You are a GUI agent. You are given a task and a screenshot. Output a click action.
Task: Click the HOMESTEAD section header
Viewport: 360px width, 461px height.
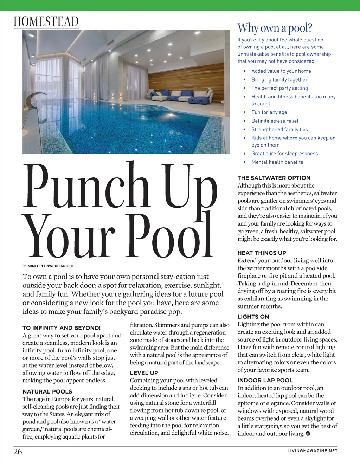click(46, 21)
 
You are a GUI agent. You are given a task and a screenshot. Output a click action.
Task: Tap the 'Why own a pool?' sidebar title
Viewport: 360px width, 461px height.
click(275, 28)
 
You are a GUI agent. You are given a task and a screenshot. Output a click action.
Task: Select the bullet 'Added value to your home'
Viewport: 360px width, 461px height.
click(281, 71)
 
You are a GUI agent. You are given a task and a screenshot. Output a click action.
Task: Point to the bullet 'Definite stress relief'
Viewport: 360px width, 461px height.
click(275, 121)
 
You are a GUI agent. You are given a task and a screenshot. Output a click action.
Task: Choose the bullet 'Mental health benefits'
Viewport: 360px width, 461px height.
click(277, 162)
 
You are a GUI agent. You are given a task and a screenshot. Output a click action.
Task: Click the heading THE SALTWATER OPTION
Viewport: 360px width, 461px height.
click(274, 178)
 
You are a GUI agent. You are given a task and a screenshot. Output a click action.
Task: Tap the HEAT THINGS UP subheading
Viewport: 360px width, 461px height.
click(262, 253)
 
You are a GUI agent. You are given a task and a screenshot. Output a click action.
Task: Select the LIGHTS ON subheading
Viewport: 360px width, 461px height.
click(253, 317)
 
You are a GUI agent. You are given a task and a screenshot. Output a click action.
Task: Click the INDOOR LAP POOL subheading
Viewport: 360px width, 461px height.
click(265, 380)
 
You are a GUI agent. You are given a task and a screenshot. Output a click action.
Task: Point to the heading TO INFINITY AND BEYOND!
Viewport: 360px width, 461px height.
click(62, 328)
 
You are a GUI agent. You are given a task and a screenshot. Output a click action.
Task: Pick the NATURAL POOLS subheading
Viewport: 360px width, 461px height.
click(47, 391)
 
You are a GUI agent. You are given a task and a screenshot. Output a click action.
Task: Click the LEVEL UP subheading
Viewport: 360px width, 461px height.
click(144, 373)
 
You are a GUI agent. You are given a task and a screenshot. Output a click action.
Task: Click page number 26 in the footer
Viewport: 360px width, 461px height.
click(18, 452)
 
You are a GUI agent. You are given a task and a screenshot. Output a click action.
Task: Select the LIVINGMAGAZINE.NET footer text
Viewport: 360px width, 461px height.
click(312, 450)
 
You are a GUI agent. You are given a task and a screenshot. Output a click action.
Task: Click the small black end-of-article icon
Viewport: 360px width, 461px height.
click(308, 434)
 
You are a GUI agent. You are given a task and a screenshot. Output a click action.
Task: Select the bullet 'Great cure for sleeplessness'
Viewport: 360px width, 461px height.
click(284, 154)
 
